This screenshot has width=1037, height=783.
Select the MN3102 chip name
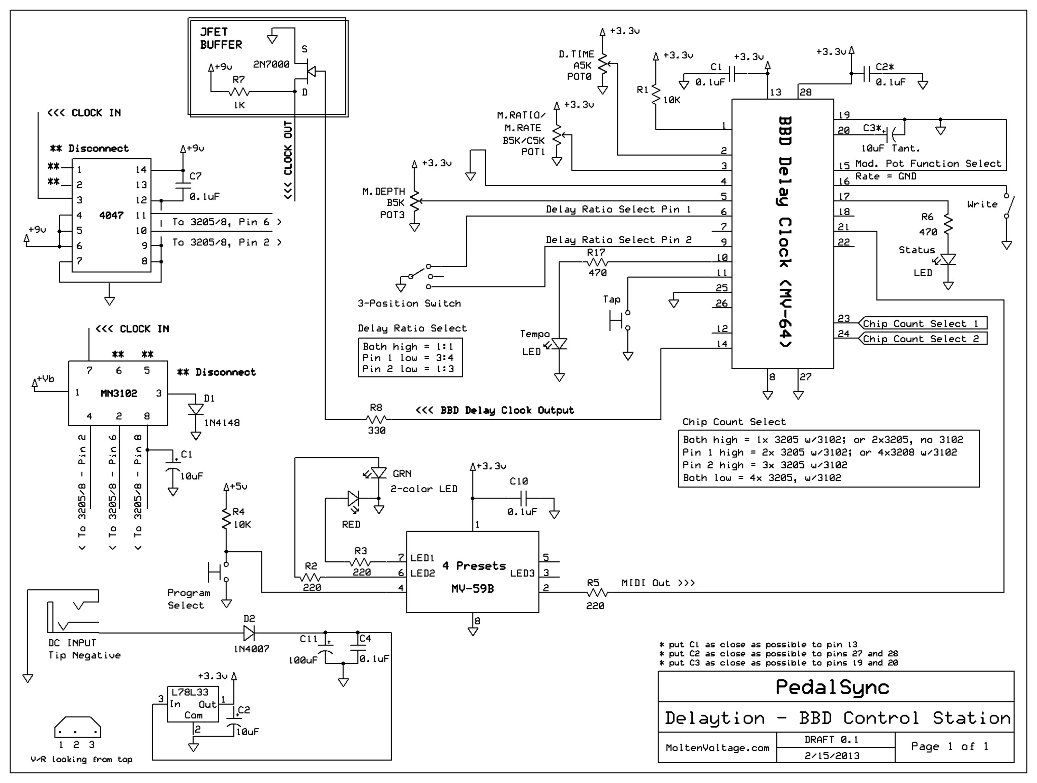(119, 393)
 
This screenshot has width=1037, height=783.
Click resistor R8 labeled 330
(376, 419)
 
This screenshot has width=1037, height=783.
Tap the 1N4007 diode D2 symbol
(249, 633)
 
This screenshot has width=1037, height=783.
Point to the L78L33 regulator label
(189, 692)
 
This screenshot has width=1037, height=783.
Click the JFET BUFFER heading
(221, 38)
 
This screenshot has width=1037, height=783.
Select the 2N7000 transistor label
(271, 64)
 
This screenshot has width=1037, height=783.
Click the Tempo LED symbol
(559, 345)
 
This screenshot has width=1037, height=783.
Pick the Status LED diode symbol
(948, 259)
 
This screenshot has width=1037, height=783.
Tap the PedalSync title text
(832, 687)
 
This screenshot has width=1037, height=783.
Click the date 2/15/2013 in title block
(832, 756)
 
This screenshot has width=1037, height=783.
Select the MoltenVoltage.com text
(717, 748)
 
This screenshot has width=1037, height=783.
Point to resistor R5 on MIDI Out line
(596, 593)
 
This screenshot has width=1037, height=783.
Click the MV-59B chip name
(472, 588)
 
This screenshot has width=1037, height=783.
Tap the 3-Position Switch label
(409, 304)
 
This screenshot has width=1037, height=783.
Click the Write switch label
(982, 204)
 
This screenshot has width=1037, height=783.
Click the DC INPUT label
(72, 643)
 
